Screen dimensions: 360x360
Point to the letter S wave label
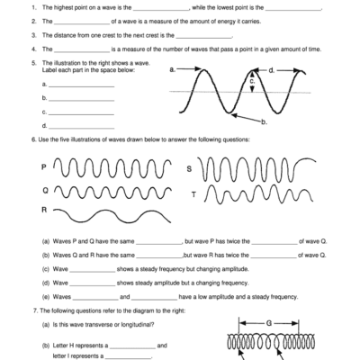(x=189, y=168)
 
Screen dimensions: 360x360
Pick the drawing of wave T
(x=260, y=194)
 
